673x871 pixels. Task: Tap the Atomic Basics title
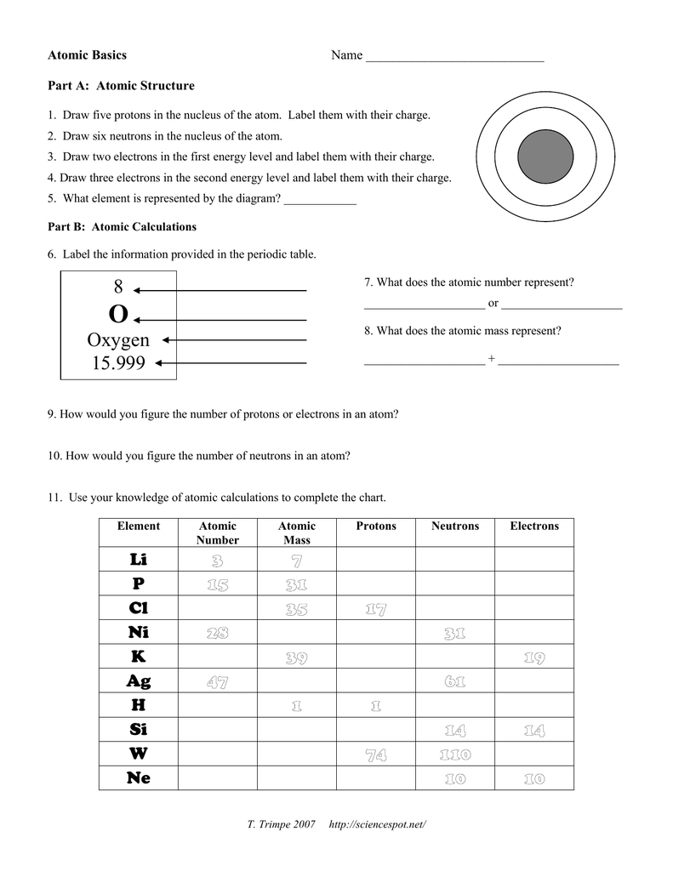[87, 55]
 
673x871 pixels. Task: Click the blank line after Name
[453, 58]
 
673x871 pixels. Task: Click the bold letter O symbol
[118, 315]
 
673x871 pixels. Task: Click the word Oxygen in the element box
[118, 339]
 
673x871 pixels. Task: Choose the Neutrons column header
[455, 527]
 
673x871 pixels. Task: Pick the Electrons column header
[534, 527]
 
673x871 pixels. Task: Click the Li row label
[139, 559]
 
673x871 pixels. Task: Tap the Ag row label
[139, 681]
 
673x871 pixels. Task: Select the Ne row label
[139, 778]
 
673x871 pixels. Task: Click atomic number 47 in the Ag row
[217, 682]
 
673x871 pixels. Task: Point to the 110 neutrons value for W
[455, 754]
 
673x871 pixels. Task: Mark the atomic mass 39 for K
[296, 658]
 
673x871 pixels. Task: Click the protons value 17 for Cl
[376, 609]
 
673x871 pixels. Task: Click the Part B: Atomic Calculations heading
[122, 227]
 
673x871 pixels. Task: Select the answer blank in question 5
[320, 202]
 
